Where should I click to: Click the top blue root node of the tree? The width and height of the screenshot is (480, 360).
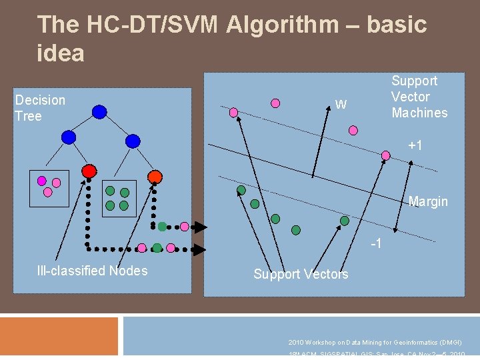[99, 112]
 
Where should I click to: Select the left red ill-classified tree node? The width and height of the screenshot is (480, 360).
[89, 171]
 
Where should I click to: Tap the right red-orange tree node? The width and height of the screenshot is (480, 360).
[154, 177]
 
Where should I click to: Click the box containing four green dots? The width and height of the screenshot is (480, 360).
[117, 198]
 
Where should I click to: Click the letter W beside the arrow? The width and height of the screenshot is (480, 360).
[341, 104]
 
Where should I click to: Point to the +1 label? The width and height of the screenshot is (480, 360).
[416, 145]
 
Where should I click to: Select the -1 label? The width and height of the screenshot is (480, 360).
[376, 243]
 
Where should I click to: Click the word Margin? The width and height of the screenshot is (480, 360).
[428, 201]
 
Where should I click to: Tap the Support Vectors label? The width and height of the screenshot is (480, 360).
[301, 274]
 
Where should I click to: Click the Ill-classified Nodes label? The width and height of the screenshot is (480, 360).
[92, 270]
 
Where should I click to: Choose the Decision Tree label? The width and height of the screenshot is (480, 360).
[40, 108]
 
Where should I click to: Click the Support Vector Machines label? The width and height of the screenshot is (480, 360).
[419, 97]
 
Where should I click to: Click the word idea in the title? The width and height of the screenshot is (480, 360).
[61, 53]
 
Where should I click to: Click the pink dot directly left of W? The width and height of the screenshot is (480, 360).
[275, 103]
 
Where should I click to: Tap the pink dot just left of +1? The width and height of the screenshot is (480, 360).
[385, 155]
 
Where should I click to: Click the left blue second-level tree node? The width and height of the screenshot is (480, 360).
[68, 137]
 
